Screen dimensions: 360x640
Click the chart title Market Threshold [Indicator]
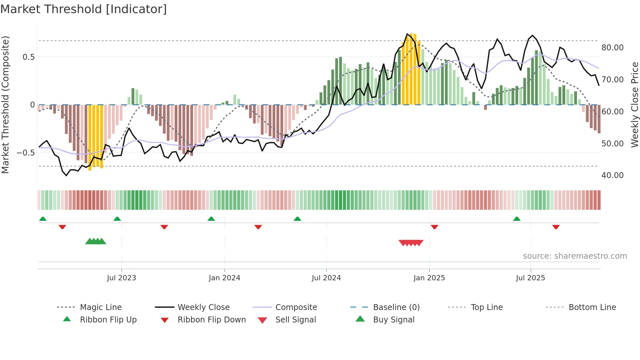click(x=84, y=9)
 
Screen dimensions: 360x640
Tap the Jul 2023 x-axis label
click(x=121, y=278)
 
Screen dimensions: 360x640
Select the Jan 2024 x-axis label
click(x=224, y=278)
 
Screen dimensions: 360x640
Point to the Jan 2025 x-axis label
click(x=429, y=278)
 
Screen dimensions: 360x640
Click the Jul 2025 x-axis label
click(x=530, y=278)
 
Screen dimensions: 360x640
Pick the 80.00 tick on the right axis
click(x=612, y=48)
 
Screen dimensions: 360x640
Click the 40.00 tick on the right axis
click(x=612, y=175)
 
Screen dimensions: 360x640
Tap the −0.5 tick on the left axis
click(x=25, y=153)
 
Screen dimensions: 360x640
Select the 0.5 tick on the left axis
click(x=28, y=57)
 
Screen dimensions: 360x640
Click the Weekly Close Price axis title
click(x=634, y=105)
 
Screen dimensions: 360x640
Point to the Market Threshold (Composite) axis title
click(x=5, y=105)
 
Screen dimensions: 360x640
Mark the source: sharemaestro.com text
click(x=575, y=256)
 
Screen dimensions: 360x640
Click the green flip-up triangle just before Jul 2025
click(x=517, y=219)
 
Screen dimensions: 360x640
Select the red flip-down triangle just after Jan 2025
click(x=434, y=227)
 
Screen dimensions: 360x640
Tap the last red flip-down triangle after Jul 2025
click(x=556, y=227)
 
